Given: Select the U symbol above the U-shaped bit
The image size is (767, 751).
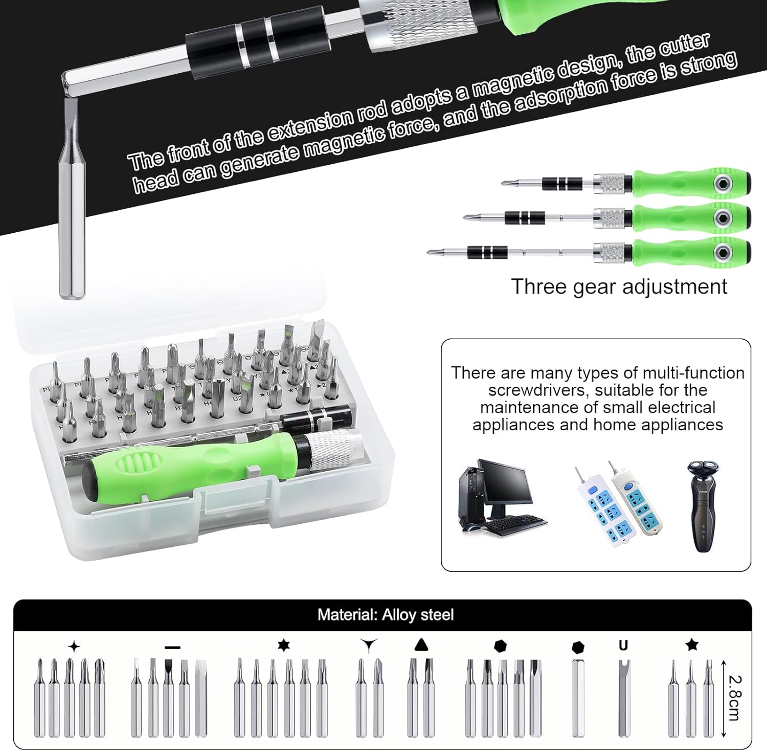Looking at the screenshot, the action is click(x=623, y=646).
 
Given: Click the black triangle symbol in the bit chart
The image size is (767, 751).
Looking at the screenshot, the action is click(x=420, y=644).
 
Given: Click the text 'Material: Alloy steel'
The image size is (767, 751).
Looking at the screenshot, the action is click(x=386, y=614).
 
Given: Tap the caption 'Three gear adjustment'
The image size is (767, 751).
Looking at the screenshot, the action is click(x=619, y=286).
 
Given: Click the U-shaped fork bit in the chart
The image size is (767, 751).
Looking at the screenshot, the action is click(x=623, y=698).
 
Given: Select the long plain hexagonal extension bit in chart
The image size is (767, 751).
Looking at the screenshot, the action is click(x=578, y=698).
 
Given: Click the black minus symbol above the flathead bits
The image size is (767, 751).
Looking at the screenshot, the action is click(x=173, y=648).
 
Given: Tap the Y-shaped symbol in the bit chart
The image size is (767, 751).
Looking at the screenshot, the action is click(x=368, y=646).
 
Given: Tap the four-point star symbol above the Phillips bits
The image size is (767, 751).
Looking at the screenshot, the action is click(x=74, y=647).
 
